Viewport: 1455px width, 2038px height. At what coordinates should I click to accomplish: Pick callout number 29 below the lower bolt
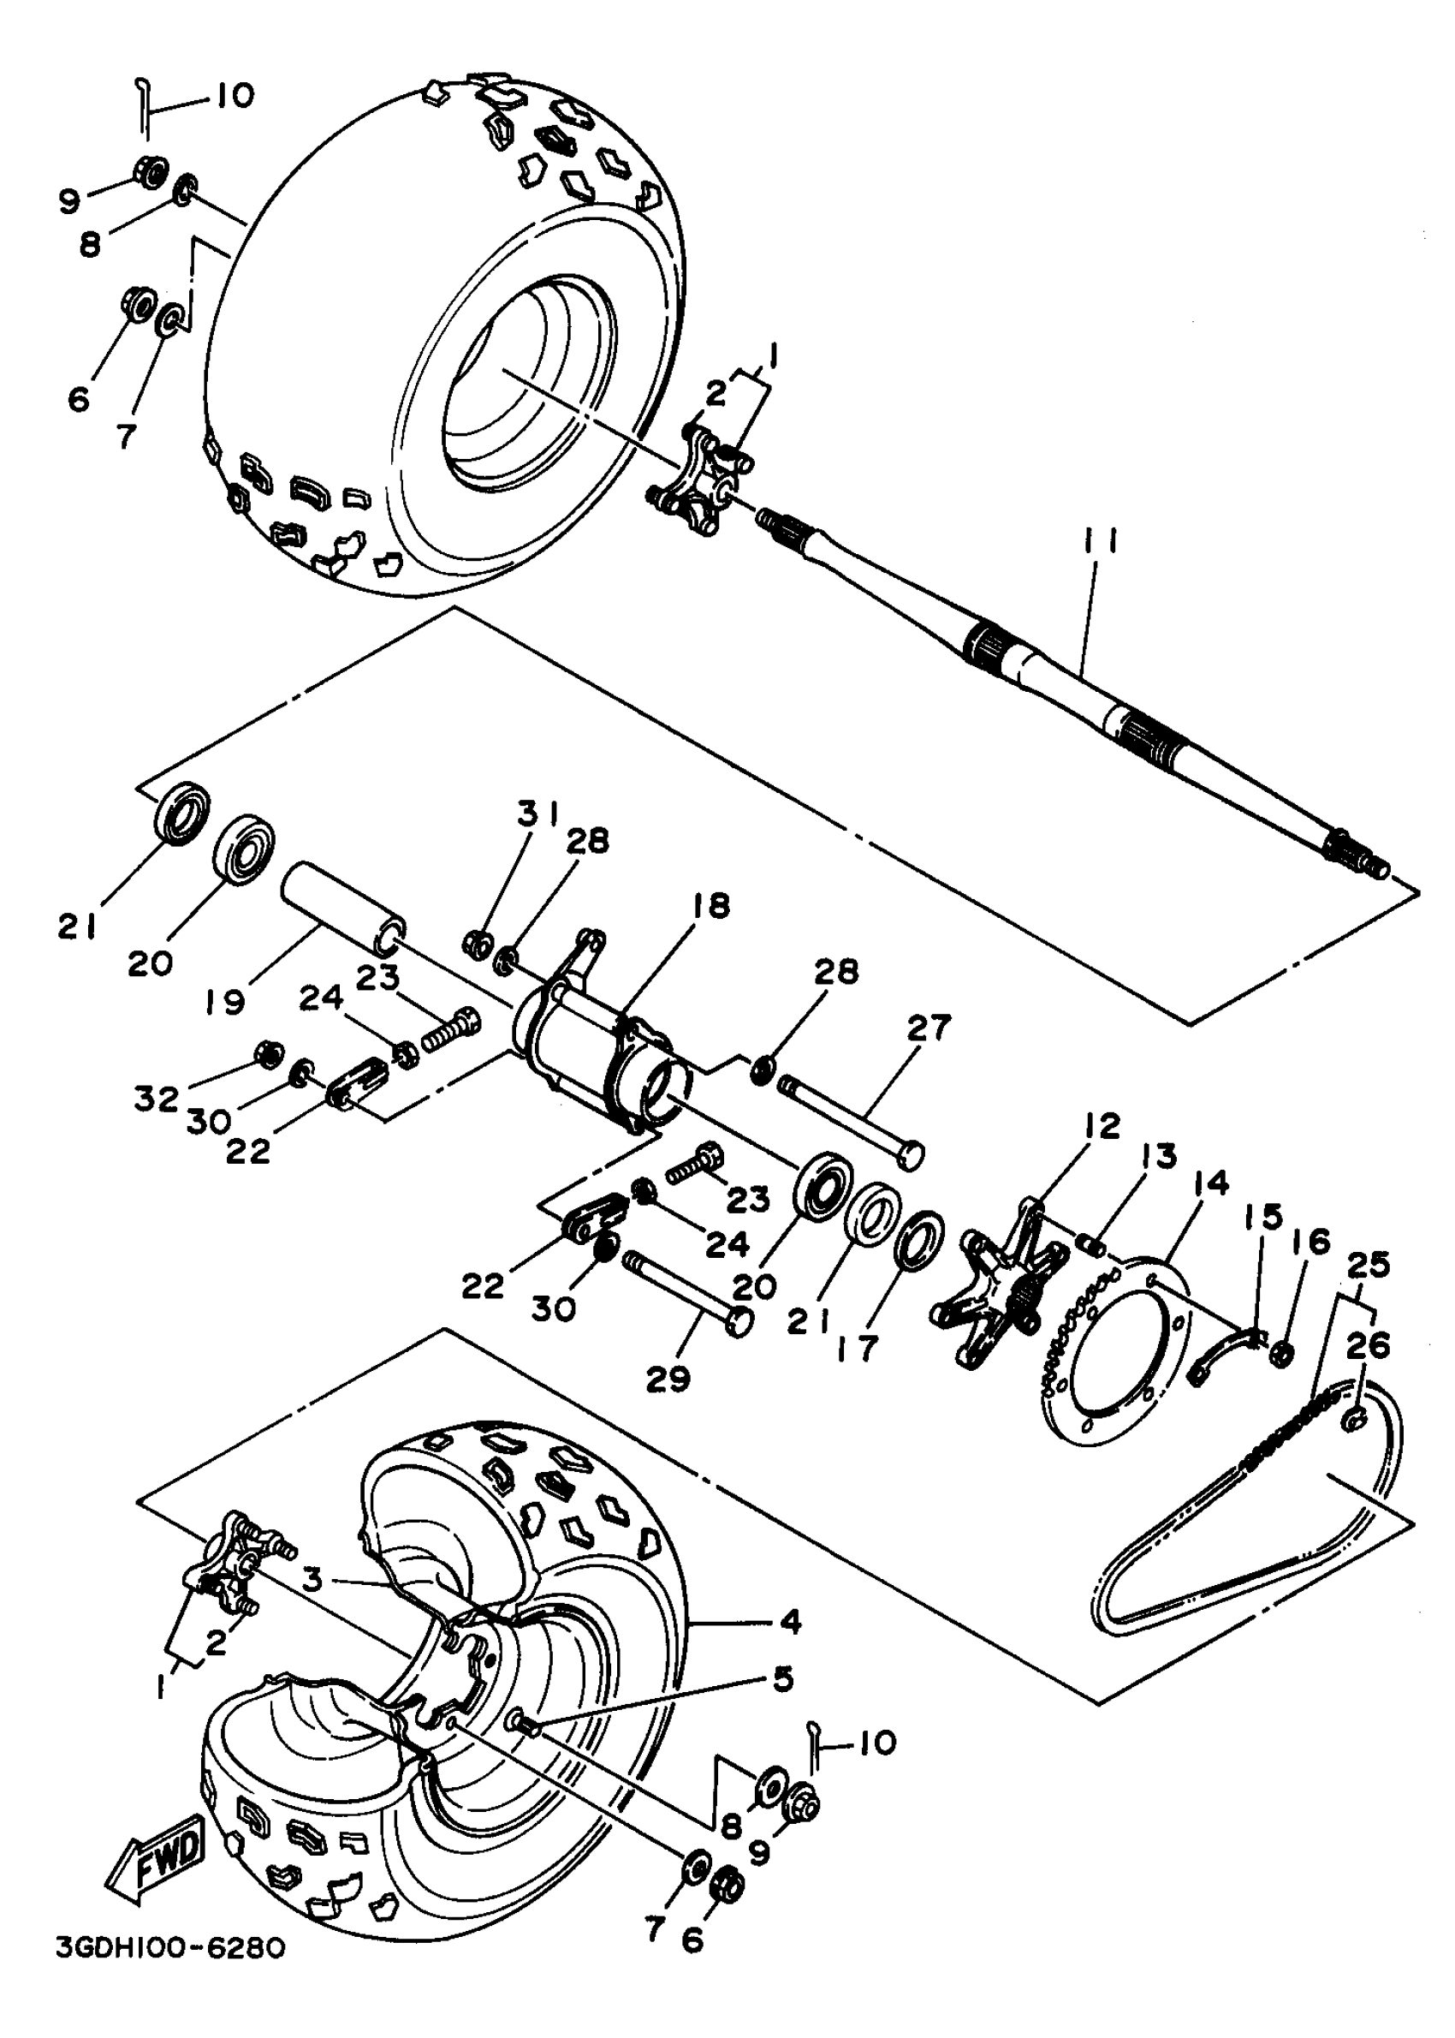click(668, 1380)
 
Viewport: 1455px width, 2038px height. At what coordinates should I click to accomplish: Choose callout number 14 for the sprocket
click(1210, 1183)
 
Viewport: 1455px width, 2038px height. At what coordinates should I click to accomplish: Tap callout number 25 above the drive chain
click(1367, 1264)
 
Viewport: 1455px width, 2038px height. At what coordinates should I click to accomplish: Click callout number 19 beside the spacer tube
click(224, 1001)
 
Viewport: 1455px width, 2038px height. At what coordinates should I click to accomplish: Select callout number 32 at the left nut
click(157, 1098)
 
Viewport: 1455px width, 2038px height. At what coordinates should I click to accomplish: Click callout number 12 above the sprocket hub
click(1102, 1127)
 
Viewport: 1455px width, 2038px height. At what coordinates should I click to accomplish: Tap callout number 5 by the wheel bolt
click(782, 1678)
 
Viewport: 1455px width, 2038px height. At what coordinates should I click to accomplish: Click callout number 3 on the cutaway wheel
click(311, 1579)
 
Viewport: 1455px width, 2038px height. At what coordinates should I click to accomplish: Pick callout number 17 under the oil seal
click(857, 1347)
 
